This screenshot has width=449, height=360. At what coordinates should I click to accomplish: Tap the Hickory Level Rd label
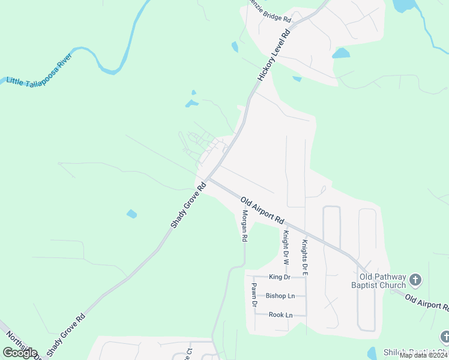tap(274, 55)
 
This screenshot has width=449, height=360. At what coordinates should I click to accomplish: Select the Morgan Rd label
tap(244, 226)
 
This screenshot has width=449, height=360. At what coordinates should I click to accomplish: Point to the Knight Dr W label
tap(286, 249)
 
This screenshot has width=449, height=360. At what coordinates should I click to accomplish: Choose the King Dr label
tap(280, 277)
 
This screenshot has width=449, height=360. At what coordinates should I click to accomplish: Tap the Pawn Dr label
tap(254, 295)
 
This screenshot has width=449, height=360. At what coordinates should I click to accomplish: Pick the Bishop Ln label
tap(280, 296)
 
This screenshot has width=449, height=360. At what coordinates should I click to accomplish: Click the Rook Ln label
tap(280, 314)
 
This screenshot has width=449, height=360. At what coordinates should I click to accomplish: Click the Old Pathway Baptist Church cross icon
tap(416, 280)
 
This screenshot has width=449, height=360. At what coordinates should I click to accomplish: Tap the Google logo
tap(20, 352)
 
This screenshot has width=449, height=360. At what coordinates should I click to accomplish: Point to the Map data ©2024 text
tap(423, 355)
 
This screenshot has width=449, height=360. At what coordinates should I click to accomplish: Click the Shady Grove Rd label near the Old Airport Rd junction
tap(188, 205)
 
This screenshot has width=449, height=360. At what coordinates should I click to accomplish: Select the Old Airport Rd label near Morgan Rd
tap(262, 210)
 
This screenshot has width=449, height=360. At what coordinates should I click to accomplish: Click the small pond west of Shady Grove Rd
tap(131, 213)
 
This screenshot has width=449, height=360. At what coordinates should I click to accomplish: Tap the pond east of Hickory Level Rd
tap(340, 53)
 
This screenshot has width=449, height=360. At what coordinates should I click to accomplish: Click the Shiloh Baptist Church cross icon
tap(444, 337)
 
